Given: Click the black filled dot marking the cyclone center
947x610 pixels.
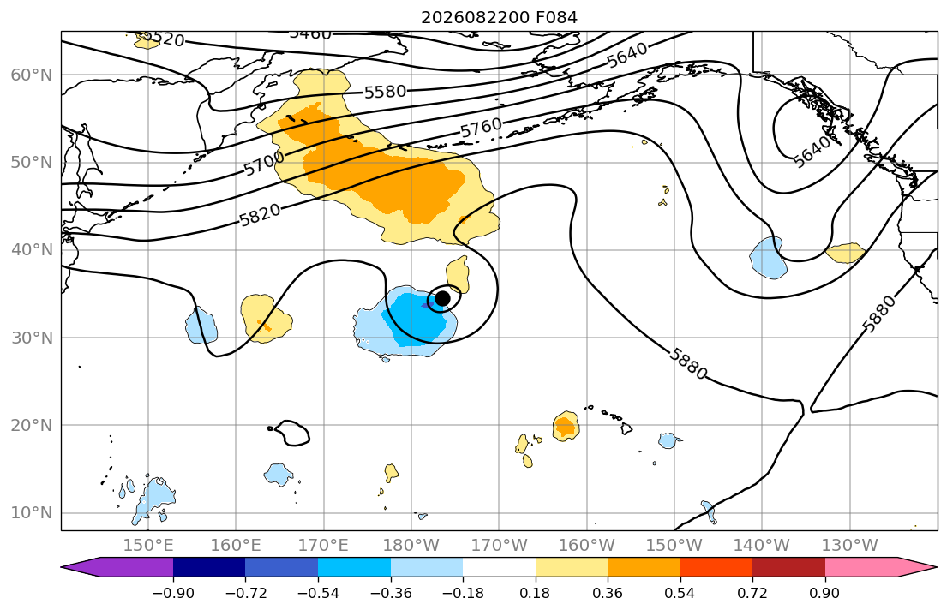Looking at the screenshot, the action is tap(443, 298).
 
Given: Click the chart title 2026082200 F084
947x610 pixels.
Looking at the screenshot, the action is tap(499, 17).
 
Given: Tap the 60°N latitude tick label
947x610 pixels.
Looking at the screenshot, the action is tap(32, 75).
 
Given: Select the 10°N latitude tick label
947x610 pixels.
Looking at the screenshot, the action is tap(32, 513).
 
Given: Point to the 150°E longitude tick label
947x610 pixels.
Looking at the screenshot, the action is tap(148, 546).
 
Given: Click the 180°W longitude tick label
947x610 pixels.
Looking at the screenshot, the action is tap(411, 546).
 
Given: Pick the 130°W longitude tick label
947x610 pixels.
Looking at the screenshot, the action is tap(850, 546).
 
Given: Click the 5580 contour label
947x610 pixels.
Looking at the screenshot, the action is tap(386, 93).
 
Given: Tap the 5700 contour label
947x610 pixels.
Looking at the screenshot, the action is tap(264, 163).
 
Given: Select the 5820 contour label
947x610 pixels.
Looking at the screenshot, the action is tap(261, 215).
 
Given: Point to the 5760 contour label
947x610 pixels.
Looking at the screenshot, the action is tap(482, 128).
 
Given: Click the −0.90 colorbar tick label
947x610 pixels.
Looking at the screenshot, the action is tap(173, 593).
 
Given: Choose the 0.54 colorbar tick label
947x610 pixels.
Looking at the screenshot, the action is tap(680, 593).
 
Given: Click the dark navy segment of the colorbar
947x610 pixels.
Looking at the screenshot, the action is tap(209, 567).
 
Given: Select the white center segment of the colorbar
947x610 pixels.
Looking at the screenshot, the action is tap(499, 567).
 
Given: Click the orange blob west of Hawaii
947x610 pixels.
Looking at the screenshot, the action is tap(566, 427).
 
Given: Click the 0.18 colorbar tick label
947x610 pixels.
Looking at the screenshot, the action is tap(535, 593).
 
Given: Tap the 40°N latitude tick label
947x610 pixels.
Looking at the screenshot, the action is tap(32, 250).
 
